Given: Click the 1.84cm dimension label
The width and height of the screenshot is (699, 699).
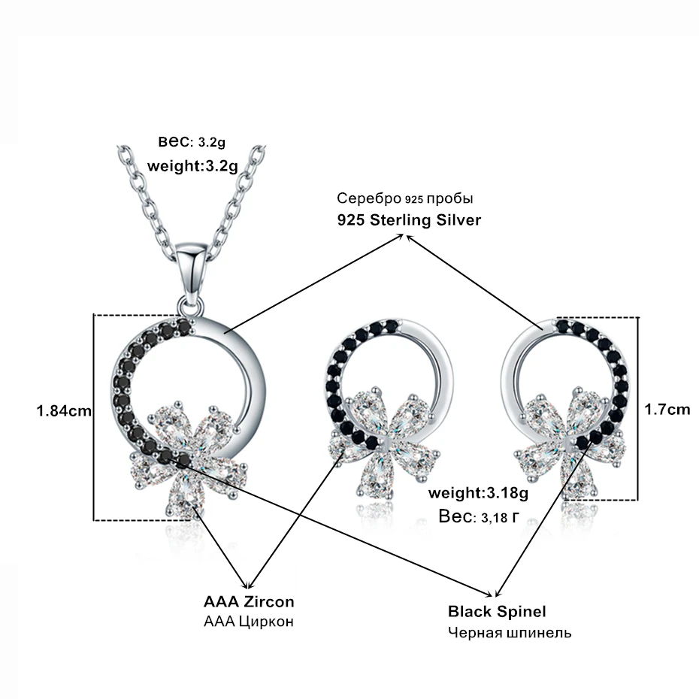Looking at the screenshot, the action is pyautogui.click(x=64, y=410).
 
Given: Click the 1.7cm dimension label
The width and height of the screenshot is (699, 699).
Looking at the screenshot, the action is pyautogui.click(x=667, y=409).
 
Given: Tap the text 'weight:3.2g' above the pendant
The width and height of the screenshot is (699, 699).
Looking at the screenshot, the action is pyautogui.click(x=192, y=166).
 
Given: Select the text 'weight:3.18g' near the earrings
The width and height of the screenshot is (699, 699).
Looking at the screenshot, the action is pyautogui.click(x=478, y=492).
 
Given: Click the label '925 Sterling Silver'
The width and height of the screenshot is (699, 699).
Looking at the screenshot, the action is pyautogui.click(x=409, y=219).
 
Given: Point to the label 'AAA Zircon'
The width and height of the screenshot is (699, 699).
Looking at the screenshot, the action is pyautogui.click(x=249, y=601).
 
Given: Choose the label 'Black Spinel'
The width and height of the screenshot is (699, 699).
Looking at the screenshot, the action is pyautogui.click(x=497, y=611).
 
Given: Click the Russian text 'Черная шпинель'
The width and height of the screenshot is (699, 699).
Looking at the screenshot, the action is pyautogui.click(x=510, y=632).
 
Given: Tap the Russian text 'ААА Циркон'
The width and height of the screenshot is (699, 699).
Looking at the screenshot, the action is pyautogui.click(x=249, y=621).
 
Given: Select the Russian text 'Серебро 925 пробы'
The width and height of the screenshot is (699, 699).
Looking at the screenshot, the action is pyautogui.click(x=405, y=198).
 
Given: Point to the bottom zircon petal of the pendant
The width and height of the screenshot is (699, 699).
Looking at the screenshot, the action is pyautogui.click(x=183, y=494).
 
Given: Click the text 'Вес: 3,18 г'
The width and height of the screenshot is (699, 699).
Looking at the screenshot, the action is pyautogui.click(x=480, y=516).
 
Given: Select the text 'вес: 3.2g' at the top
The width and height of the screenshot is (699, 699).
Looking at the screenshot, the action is pyautogui.click(x=192, y=142).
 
